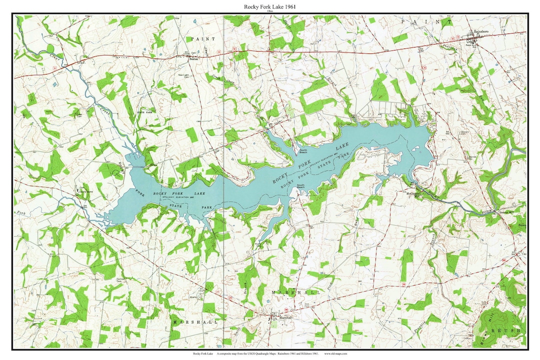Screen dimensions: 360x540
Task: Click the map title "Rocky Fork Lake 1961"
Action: pyautogui.click(x=269, y=6)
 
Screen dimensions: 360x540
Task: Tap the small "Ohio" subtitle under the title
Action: pyautogui.click(x=269, y=11)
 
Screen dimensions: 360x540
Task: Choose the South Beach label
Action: pyautogui.click(x=300, y=186)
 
